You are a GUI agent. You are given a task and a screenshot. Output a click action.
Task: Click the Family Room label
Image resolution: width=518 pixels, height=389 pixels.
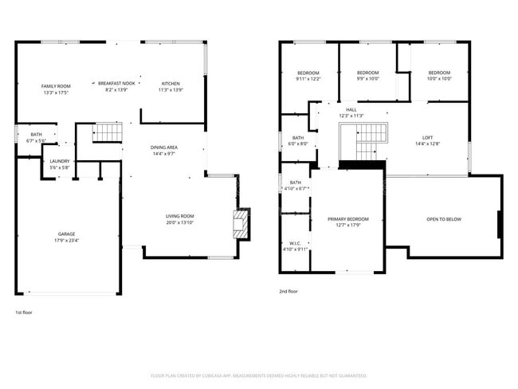57,85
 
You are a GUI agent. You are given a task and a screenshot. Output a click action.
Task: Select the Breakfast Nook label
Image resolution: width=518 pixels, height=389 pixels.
117,83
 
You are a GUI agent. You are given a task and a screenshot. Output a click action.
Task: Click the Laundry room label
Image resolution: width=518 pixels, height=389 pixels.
60,161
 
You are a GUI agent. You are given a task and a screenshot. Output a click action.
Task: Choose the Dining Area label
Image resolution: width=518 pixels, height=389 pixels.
164,147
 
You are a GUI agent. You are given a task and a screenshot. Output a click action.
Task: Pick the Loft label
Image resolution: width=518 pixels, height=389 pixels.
428,137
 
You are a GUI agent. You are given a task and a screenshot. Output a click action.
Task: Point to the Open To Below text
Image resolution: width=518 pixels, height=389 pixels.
443,219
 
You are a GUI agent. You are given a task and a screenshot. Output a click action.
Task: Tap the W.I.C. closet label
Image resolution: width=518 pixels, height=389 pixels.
294,244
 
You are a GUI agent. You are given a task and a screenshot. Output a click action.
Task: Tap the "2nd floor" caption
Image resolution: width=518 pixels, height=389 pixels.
288,292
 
